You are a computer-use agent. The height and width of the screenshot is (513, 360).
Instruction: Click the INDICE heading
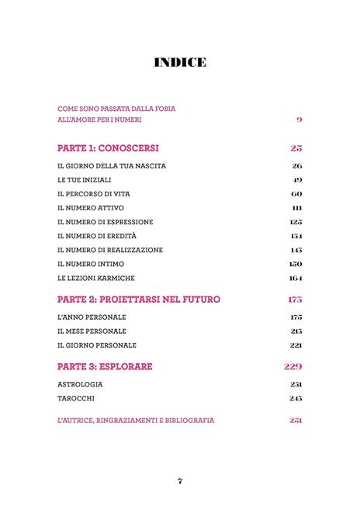(179, 62)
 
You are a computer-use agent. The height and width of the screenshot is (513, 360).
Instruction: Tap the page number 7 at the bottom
(179, 481)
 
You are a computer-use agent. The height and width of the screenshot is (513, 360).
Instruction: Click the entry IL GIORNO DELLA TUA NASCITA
(112, 166)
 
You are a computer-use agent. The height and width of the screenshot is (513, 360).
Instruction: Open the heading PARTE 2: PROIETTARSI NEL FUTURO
(139, 299)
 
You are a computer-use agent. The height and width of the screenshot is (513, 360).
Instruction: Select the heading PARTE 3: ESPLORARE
(105, 366)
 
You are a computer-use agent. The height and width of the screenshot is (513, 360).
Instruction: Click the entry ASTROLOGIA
(80, 384)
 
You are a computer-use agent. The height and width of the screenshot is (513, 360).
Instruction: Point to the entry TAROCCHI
(76, 398)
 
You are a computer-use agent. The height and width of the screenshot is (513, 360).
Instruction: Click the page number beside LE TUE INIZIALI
(297, 180)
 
